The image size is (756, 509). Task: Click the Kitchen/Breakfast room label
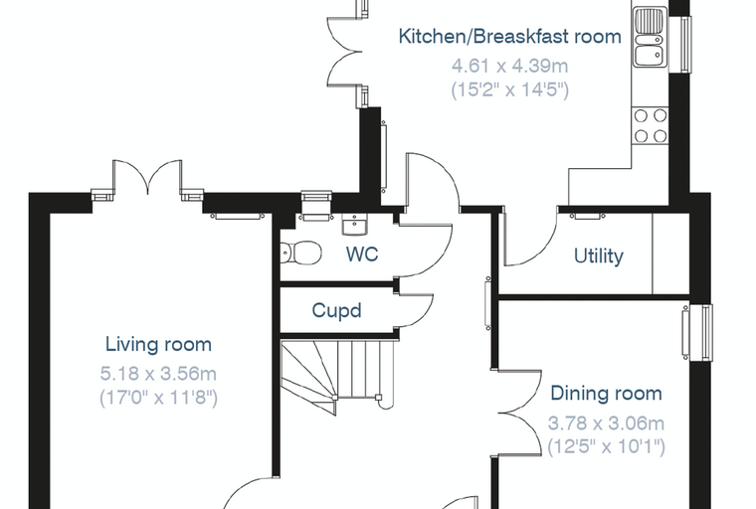509,37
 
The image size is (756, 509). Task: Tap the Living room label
158,345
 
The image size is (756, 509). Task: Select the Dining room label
606,394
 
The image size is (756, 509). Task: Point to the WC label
362,254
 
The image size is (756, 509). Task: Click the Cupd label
336,310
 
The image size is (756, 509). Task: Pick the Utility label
599,255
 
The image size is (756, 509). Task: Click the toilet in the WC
301,253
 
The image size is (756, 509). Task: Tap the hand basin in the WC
355,225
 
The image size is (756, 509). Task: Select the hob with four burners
650,126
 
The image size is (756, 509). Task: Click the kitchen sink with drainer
650,38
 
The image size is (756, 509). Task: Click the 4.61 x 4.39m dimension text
509,66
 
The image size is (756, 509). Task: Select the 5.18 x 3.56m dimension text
158,374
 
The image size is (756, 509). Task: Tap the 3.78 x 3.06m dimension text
606,424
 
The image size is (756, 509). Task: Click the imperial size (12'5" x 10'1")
606,446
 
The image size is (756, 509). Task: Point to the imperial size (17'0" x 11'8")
158,398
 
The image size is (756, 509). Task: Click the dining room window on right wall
697,332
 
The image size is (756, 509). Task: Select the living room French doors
147,179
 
